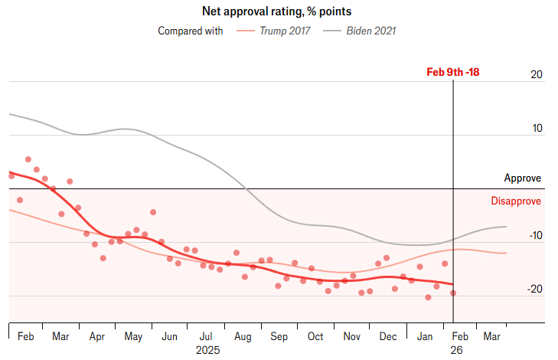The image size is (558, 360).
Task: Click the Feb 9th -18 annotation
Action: point(452,73)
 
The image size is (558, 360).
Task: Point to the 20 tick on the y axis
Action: point(536,75)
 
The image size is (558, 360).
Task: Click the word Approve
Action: point(522,178)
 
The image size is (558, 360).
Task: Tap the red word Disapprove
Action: point(515,201)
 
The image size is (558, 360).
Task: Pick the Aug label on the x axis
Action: point(243,336)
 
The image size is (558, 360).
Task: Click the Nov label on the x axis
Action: point(351,336)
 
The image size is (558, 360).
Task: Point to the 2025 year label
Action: point(207,350)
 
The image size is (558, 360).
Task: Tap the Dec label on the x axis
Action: point(387,336)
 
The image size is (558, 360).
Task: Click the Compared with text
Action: point(191,31)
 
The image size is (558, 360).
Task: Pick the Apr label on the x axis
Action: point(97,336)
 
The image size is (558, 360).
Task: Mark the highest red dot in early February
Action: point(28,159)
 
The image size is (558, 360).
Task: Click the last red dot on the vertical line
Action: point(453,293)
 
